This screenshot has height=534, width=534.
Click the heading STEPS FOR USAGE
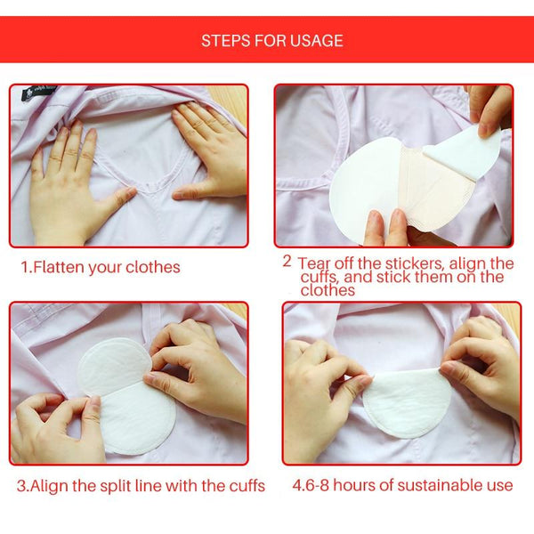pos(271,40)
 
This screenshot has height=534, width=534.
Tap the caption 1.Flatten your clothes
pos(101,267)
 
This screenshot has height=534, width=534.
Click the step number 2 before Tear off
pos(287,262)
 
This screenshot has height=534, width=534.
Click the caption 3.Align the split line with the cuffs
pos(141,486)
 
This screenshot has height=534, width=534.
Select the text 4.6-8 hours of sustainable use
pos(402,486)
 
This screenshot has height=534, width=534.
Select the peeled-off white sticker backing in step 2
pos(467,151)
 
